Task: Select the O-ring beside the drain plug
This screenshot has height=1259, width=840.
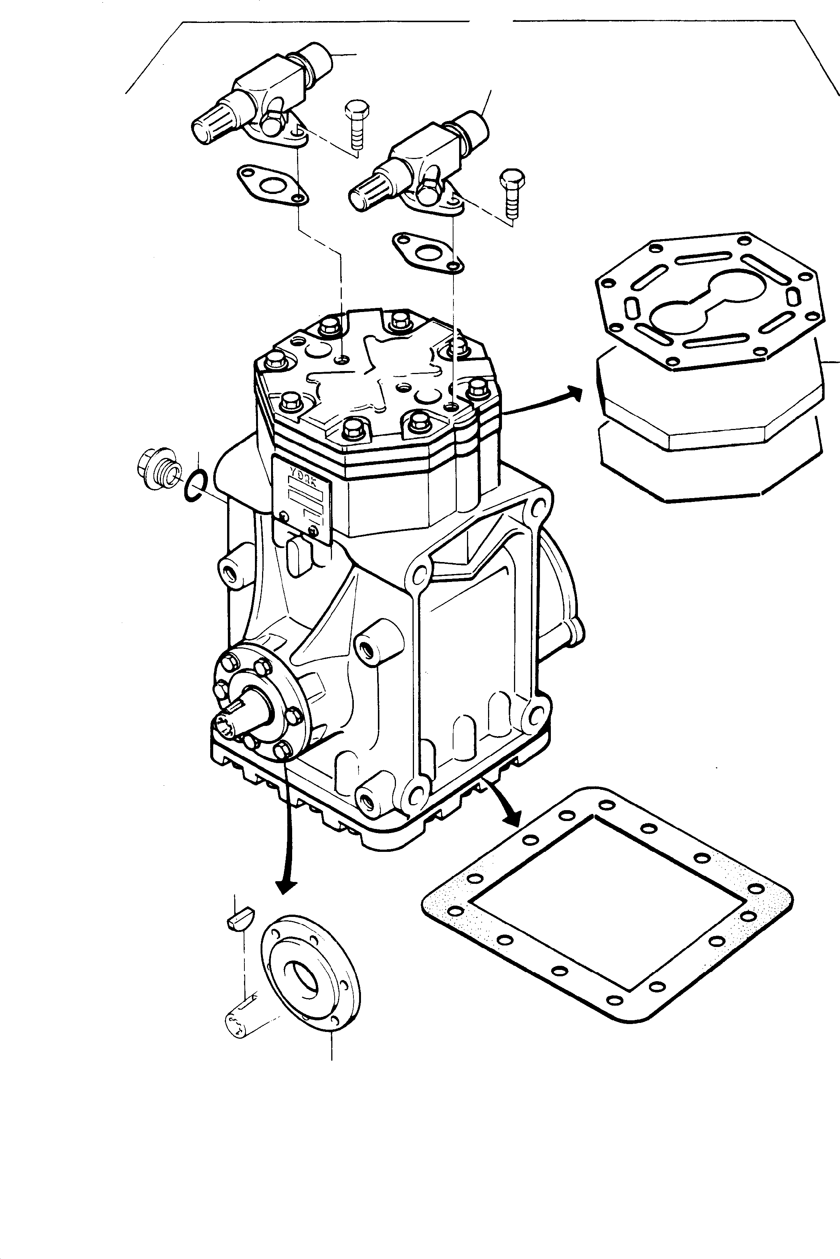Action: pos(193,486)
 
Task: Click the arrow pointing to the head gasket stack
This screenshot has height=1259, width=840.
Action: pos(546,401)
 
